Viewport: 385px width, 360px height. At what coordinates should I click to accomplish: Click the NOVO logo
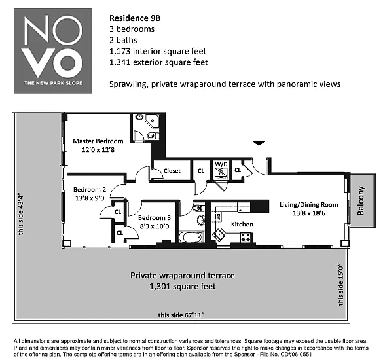tap(52, 50)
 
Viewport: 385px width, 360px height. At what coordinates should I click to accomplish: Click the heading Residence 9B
tap(135, 18)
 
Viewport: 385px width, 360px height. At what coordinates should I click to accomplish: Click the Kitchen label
tap(242, 225)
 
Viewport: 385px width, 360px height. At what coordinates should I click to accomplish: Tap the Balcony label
tap(360, 201)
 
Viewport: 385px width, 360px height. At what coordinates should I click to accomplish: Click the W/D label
tap(221, 164)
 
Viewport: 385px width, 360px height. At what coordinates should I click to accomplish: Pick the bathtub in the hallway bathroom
tap(191, 237)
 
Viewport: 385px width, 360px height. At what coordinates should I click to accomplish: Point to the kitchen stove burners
tap(246, 238)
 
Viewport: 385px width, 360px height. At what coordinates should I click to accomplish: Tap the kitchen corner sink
tap(219, 234)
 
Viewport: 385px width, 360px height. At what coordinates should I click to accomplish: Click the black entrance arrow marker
tap(259, 143)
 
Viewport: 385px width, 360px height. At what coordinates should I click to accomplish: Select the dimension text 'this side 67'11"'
tap(181, 315)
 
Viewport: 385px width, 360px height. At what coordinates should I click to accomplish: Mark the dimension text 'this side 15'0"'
tap(340, 285)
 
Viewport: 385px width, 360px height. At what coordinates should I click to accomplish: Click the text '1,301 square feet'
tap(183, 287)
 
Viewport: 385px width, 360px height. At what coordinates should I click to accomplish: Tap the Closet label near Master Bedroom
tap(172, 171)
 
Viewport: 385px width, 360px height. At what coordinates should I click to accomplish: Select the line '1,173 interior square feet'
tap(158, 51)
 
